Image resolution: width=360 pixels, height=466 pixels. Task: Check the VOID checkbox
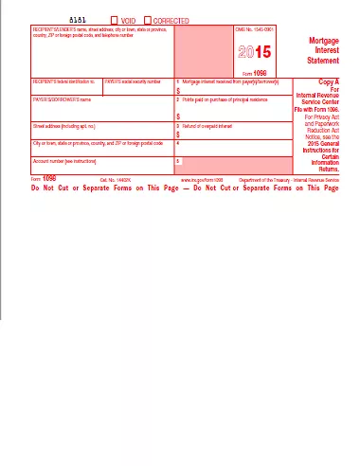(116, 19)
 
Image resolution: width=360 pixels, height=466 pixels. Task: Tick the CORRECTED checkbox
(148, 19)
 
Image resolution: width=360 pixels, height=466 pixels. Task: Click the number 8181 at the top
(79, 19)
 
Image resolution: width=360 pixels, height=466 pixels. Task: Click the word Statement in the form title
(318, 62)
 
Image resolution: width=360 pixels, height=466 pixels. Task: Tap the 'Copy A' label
(322, 82)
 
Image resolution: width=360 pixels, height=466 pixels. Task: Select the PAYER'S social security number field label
(138, 83)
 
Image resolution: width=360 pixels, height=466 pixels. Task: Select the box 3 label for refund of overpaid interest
(213, 125)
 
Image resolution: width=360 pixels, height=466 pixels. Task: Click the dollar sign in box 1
(179, 92)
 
